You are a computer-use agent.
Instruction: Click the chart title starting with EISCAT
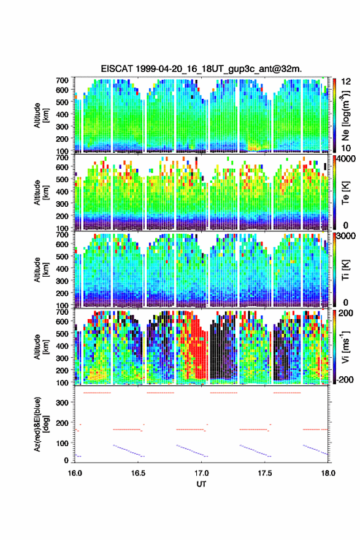click(201, 69)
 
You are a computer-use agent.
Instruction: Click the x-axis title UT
click(201, 484)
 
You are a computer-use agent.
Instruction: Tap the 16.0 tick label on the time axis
click(75, 473)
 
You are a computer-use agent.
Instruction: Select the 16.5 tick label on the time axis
click(138, 473)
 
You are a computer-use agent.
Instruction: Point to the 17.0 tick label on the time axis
click(201, 473)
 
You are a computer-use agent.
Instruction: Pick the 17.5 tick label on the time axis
click(265, 473)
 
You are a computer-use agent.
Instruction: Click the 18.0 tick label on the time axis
click(328, 473)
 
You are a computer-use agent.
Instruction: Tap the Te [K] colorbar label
click(345, 193)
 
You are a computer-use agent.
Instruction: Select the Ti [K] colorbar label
click(345, 271)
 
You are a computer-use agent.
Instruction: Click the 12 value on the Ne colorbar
click(346, 82)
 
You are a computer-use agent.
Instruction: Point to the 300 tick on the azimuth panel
click(63, 403)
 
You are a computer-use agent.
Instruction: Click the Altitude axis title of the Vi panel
click(41, 347)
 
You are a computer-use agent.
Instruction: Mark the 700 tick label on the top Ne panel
click(63, 80)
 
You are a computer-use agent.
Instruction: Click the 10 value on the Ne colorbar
click(346, 148)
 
